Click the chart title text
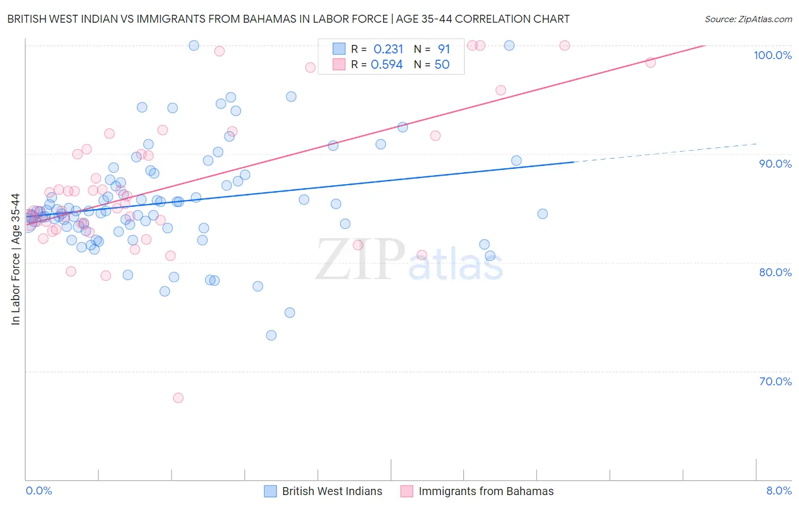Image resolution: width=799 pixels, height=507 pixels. tap(288, 19)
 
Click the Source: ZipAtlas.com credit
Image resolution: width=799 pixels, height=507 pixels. tap(748, 19)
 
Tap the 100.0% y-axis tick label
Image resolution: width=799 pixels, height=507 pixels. tap(772, 55)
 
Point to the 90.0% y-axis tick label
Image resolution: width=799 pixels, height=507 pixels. tap(775, 164)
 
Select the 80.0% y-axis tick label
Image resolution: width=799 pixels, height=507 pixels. tap(775, 272)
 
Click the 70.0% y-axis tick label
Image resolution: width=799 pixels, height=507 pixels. tap(775, 381)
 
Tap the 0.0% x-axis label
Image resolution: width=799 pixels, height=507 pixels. tap(39, 491)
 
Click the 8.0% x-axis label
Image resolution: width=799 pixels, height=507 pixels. tap(779, 491)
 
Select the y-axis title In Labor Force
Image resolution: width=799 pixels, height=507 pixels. tap(15, 259)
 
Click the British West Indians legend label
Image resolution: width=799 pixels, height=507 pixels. tap(332, 492)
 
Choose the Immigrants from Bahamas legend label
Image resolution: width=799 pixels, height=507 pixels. tap(486, 492)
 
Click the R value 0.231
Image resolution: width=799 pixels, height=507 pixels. tap(388, 49)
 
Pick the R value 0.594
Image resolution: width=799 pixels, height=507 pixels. tap(386, 65)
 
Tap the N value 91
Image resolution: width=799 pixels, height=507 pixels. tap(444, 49)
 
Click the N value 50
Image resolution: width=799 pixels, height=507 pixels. tap(442, 65)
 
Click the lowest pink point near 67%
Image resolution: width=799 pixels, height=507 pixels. tap(178, 398)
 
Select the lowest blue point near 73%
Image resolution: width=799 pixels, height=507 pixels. tap(271, 335)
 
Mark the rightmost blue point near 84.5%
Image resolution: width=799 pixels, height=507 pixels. tap(542, 214)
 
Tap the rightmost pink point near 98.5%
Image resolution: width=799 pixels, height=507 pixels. tap(650, 63)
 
